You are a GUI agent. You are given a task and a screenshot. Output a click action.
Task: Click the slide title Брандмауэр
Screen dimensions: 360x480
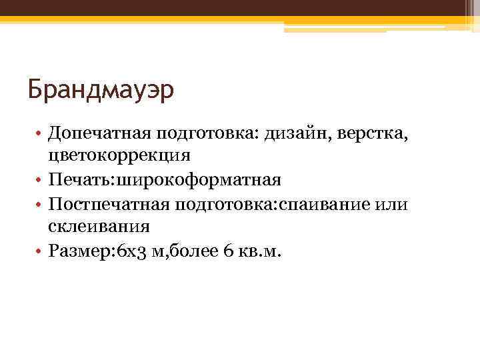coord(101,89)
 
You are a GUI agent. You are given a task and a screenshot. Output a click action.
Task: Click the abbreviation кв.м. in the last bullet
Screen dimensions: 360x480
coord(263,249)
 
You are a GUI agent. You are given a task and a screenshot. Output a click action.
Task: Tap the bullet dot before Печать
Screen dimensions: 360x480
coord(41,180)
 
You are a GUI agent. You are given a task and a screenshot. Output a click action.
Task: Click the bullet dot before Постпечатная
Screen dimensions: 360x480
coord(41,203)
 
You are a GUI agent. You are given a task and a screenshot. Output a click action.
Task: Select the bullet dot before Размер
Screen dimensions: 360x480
coord(41,250)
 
